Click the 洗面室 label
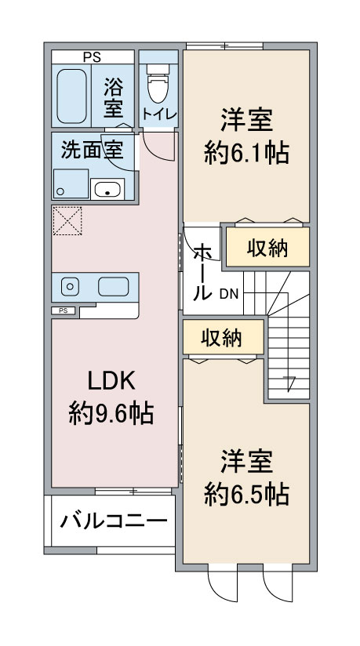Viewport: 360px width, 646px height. click(x=92, y=151)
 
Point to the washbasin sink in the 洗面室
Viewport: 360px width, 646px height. click(x=107, y=189)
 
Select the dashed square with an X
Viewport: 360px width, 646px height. click(x=67, y=221)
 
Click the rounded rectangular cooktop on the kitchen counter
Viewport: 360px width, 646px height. click(x=113, y=287)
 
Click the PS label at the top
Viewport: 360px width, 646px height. click(x=92, y=56)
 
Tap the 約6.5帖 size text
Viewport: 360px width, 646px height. click(x=246, y=492)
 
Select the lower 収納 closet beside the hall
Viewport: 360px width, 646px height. click(x=221, y=338)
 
